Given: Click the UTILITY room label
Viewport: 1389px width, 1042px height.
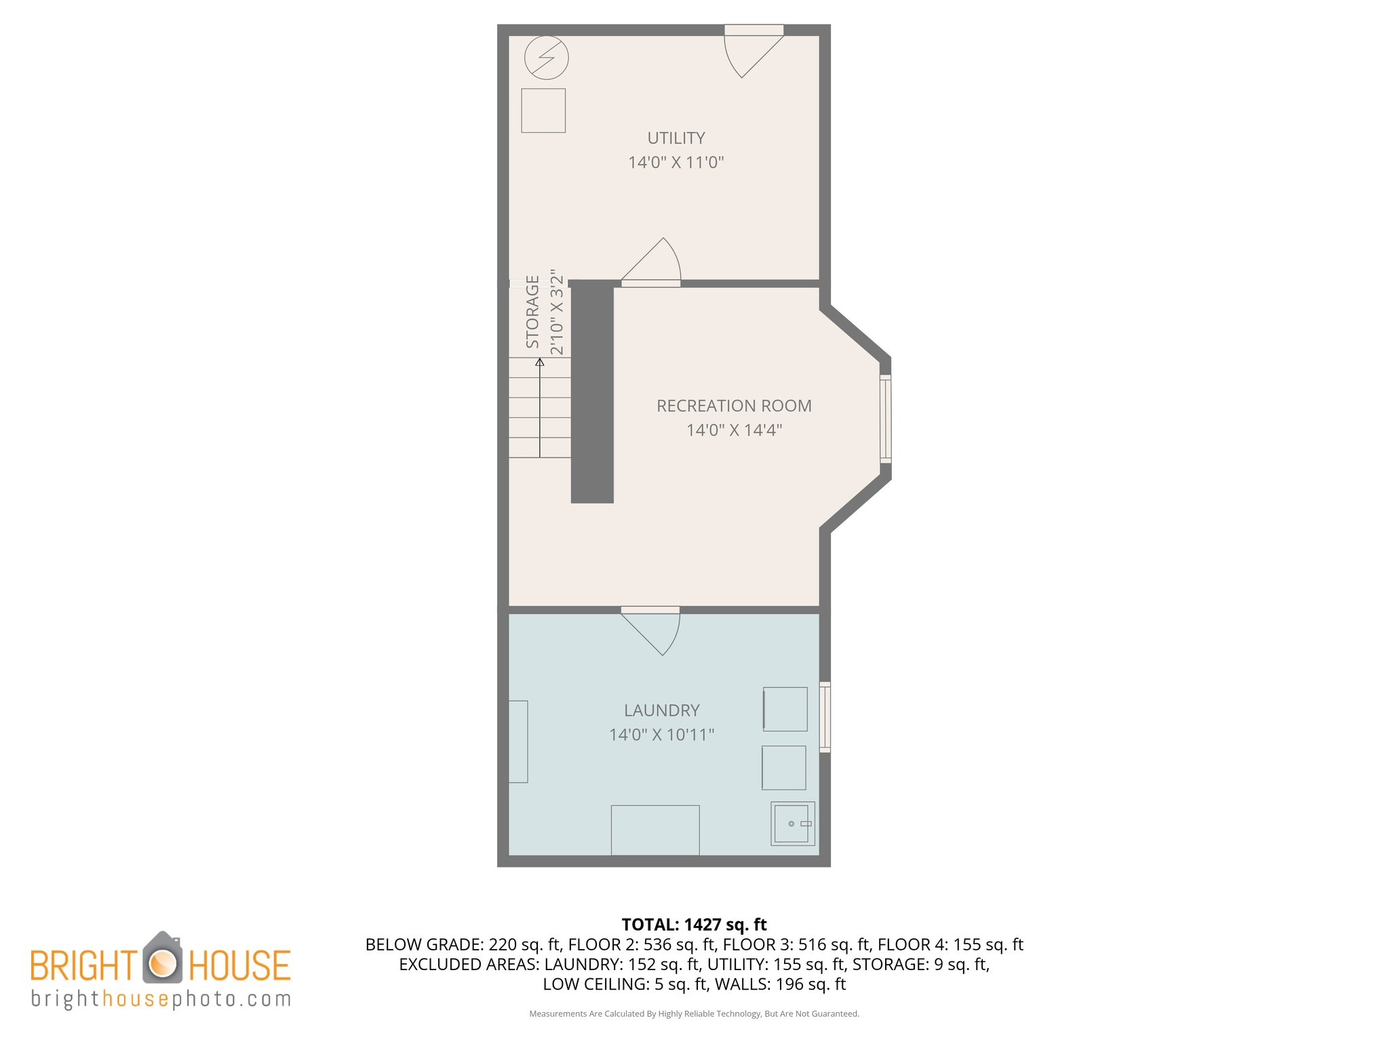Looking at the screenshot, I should pyautogui.click(x=676, y=138).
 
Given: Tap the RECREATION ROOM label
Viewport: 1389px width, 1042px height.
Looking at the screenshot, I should pyautogui.click(x=734, y=406).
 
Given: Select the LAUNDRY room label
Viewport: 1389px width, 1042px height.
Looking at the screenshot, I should pyautogui.click(x=661, y=710).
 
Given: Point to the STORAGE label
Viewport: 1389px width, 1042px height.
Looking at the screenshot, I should pyautogui.click(x=533, y=312).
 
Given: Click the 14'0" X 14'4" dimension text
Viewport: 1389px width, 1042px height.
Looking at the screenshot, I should pyautogui.click(x=734, y=430).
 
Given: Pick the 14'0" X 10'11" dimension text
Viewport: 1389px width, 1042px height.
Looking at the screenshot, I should pyautogui.click(x=661, y=735).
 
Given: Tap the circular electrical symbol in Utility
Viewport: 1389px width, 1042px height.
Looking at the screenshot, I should pyautogui.click(x=547, y=58).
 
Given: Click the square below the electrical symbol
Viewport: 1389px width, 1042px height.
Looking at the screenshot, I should pyautogui.click(x=543, y=111).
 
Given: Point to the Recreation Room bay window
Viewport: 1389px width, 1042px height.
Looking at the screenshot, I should pyautogui.click(x=885, y=419).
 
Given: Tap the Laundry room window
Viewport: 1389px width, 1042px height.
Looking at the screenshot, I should pyautogui.click(x=825, y=717).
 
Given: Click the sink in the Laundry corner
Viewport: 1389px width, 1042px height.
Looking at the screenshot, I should pyautogui.click(x=792, y=824).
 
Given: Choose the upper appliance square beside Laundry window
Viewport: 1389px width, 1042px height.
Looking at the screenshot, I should pyautogui.click(x=785, y=709).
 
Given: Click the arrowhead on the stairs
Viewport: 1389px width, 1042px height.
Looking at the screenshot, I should pyautogui.click(x=540, y=362).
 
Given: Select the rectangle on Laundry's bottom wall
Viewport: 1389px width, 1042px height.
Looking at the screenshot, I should pyautogui.click(x=655, y=830).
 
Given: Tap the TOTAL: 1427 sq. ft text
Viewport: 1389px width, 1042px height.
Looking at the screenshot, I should pyautogui.click(x=694, y=925).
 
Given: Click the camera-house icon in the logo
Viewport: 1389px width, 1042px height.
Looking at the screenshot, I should pyautogui.click(x=162, y=959).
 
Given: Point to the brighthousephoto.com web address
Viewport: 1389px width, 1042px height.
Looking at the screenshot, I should pyautogui.click(x=161, y=999).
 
